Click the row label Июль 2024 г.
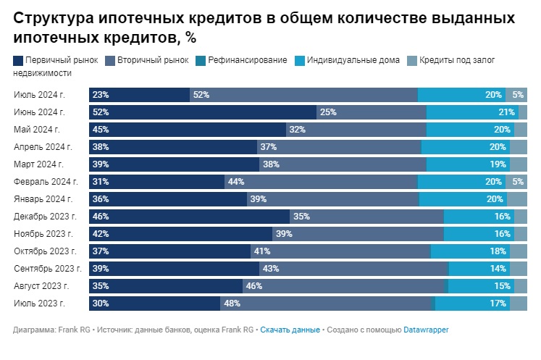coord(39,94)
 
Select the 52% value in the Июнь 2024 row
coord(101,112)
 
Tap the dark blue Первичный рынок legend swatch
coord(18,60)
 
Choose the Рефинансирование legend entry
coord(247,60)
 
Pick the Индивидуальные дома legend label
coord(353,60)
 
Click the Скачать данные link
coord(290,330)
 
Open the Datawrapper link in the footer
coord(426,330)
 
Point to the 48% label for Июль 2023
coord(232,304)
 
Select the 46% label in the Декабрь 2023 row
coord(101,217)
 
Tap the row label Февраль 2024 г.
coord(44,181)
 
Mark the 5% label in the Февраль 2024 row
coord(517,182)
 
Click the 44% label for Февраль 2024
coord(236,182)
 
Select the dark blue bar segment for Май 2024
coord(188,130)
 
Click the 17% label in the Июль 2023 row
coord(498,304)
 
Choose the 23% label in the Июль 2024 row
coord(101,95)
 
